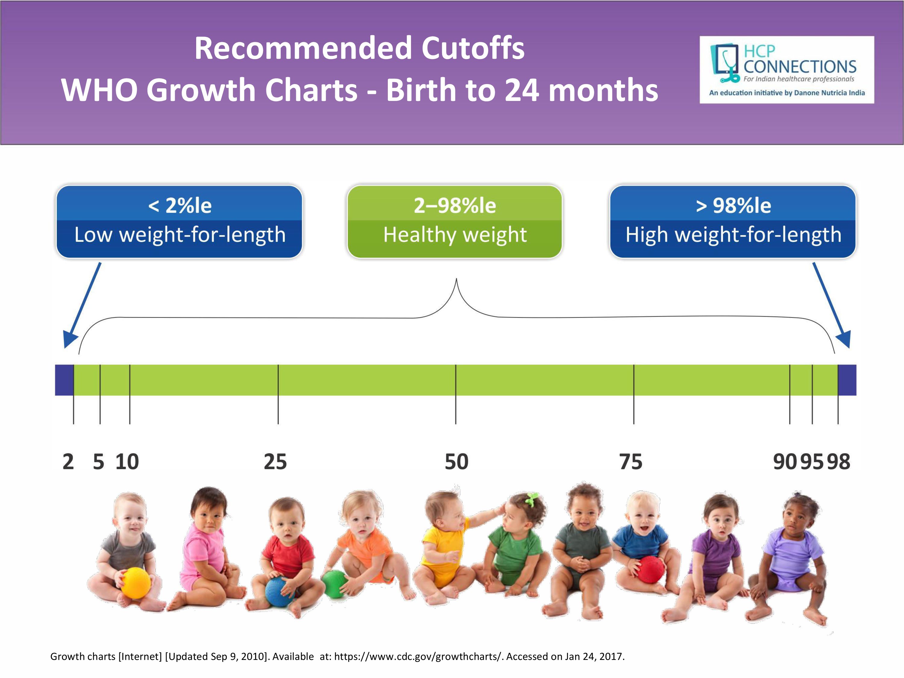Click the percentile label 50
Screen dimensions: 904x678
pyautogui.click(x=457, y=462)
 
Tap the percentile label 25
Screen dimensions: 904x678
pyautogui.click(x=275, y=462)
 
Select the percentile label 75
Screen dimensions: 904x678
pyautogui.click(x=631, y=462)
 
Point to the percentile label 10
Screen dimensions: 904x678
pyautogui.click(x=127, y=462)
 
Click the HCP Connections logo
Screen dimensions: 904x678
pyautogui.click(x=787, y=70)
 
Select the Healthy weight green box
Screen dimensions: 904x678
pyautogui.click(x=455, y=221)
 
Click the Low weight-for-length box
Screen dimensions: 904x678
pyautogui.click(x=179, y=221)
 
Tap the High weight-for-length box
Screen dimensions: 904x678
pyautogui.click(x=733, y=221)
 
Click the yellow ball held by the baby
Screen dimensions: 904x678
pyautogui.click(x=136, y=583)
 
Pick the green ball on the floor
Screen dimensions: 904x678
pyautogui.click(x=334, y=584)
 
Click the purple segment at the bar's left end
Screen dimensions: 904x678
pyautogui.click(x=64, y=380)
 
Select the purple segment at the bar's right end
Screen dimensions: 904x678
pyautogui.click(x=847, y=380)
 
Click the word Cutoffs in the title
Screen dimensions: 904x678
pyautogui.click(x=473, y=48)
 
